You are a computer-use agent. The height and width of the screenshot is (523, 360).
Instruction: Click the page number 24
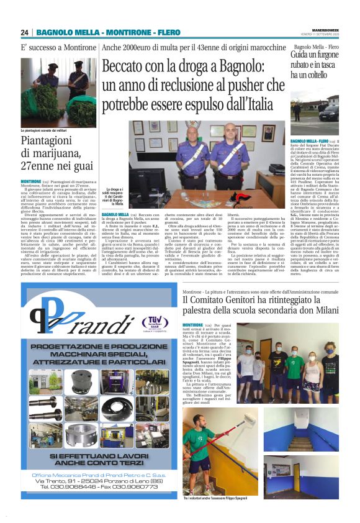[x=24, y=32]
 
